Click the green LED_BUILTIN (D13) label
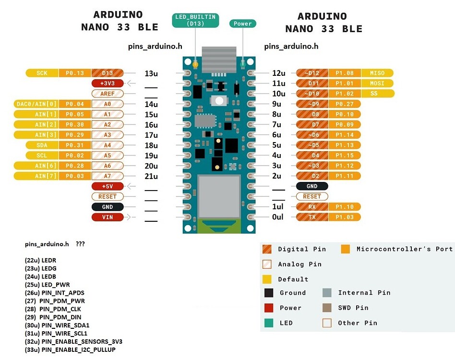pos(195,20)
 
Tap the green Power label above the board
pos(243,24)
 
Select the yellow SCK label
pos(42,73)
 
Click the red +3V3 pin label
pos(108,83)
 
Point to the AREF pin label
pos(108,94)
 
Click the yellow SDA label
pos(42,145)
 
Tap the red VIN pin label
pos(108,217)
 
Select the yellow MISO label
pos(377,73)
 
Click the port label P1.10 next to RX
pos(345,207)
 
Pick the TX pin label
pos(312,217)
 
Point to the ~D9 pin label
pos(312,104)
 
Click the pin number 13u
pos(151,73)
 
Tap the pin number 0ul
pos(277,217)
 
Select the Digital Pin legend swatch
pos(266,249)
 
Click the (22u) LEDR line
pos(40,260)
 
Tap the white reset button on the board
pos(219,101)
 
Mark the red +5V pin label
pos(108,186)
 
